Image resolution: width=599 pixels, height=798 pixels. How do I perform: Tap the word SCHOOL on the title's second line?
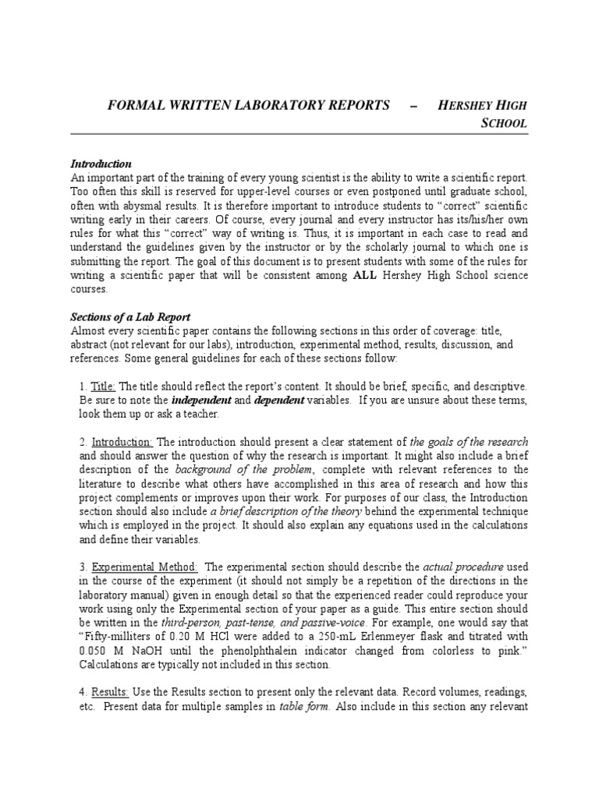507,123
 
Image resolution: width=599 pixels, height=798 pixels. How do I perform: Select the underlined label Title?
103,387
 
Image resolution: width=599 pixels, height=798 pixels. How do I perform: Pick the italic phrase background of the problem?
244,469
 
